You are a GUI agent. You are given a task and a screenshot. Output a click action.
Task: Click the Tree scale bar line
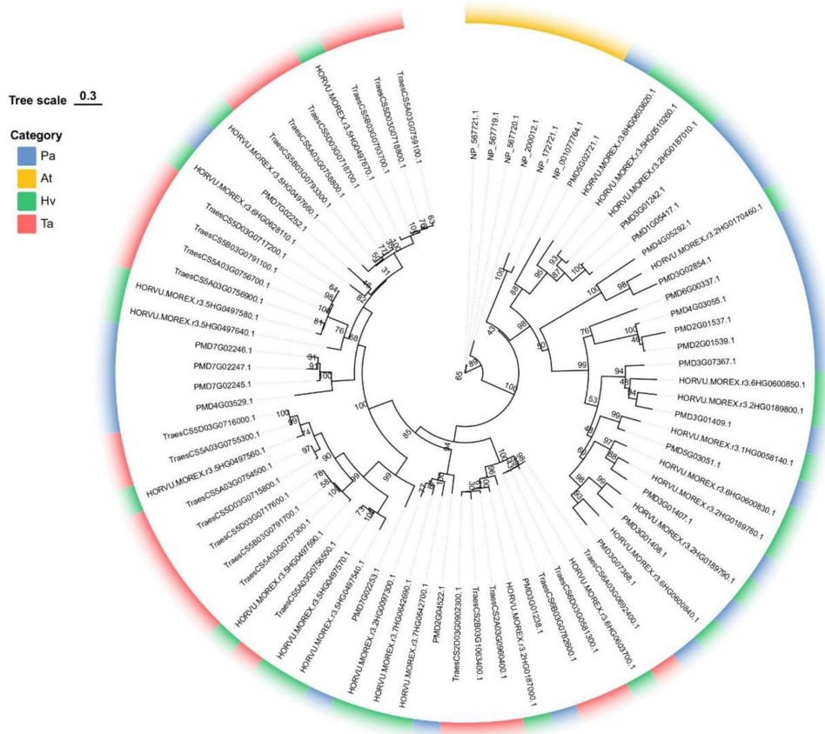point(88,103)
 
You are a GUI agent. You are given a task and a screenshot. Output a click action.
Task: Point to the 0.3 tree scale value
point(88,94)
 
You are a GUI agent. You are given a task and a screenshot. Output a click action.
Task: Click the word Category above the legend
point(37,136)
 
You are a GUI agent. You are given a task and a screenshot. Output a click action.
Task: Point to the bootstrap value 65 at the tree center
point(458,375)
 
